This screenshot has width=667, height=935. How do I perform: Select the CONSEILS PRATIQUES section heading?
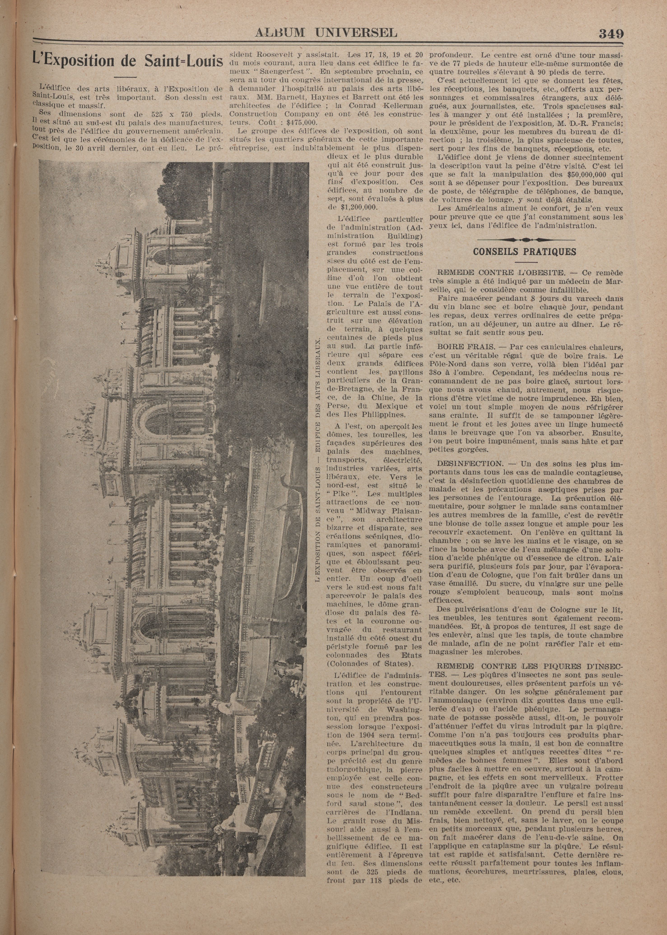coord(525,252)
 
